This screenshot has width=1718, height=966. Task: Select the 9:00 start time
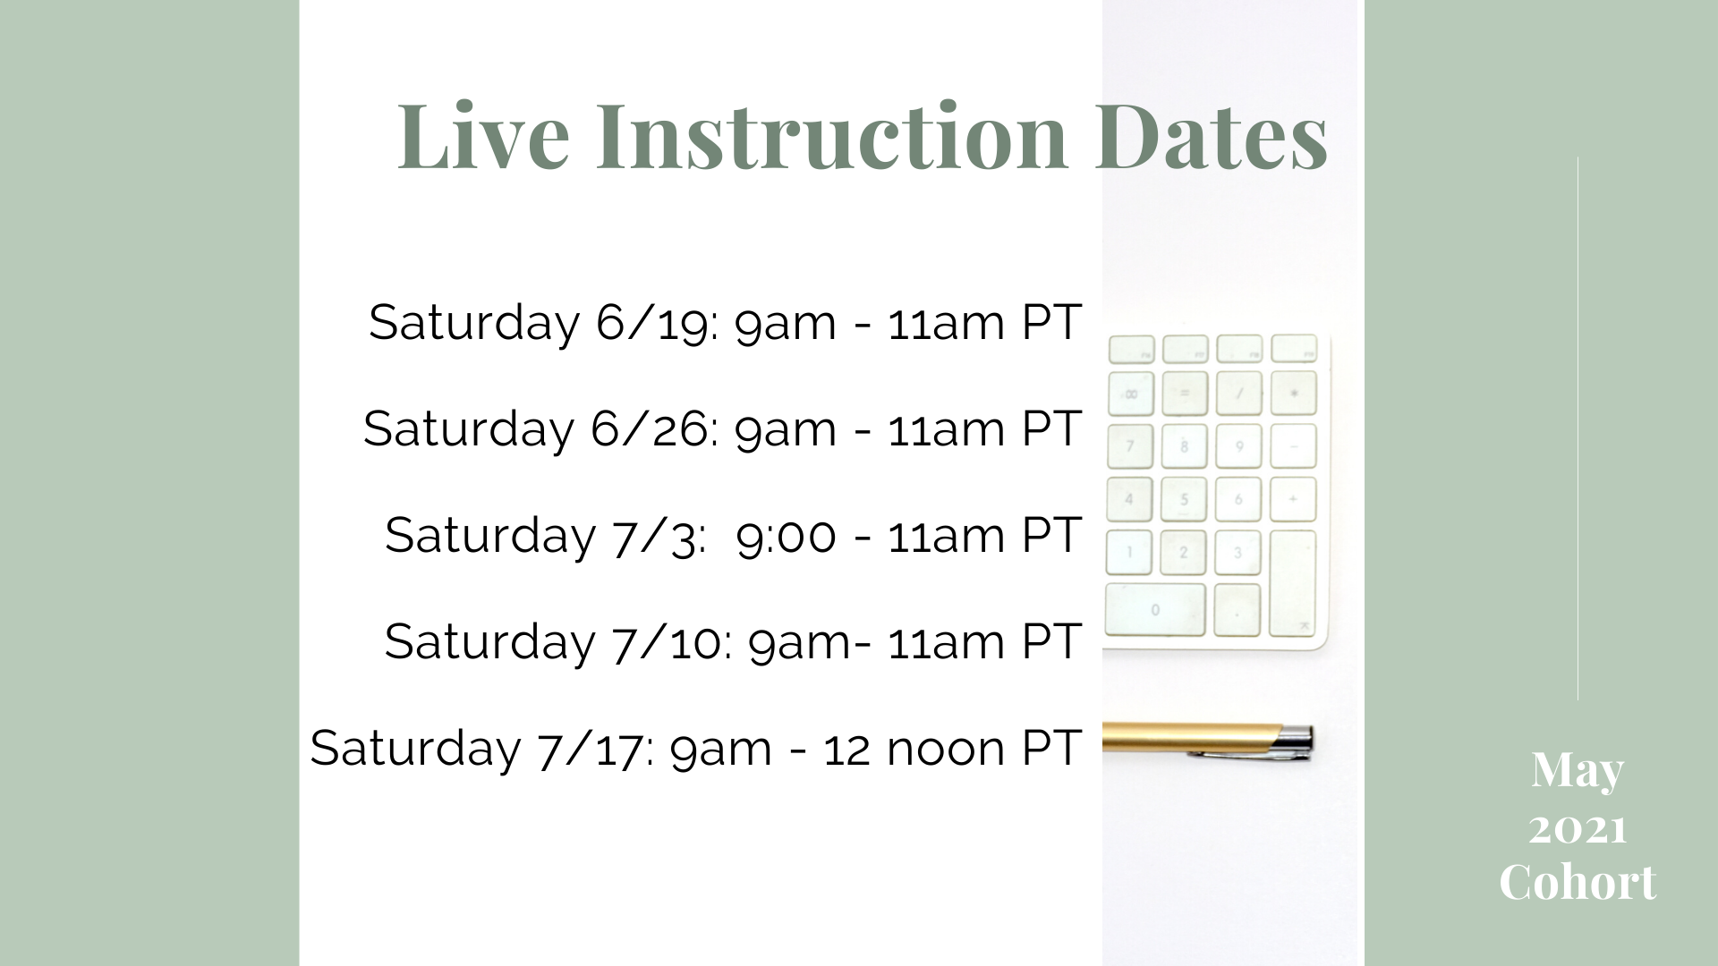click(786, 535)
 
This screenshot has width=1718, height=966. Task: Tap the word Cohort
click(1578, 882)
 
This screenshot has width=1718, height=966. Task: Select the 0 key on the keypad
click(1155, 609)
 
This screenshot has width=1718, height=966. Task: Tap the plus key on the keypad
click(1293, 499)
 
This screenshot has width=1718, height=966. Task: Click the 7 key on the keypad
click(1130, 446)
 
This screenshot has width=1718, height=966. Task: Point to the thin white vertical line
click(1578, 428)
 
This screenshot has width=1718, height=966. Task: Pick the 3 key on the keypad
click(1238, 553)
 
